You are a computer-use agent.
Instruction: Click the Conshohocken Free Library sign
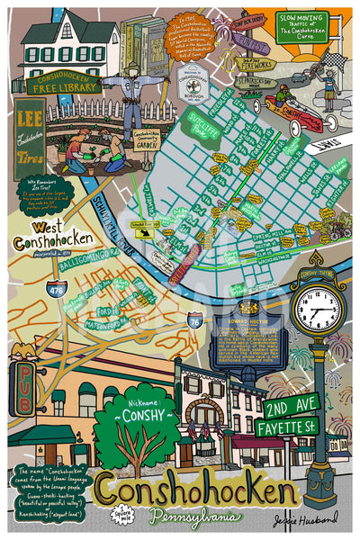[x=62, y=82]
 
